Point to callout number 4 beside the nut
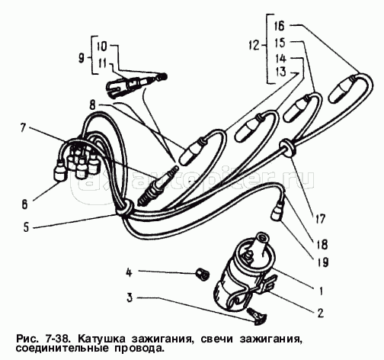pyautogui.click(x=130, y=272)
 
